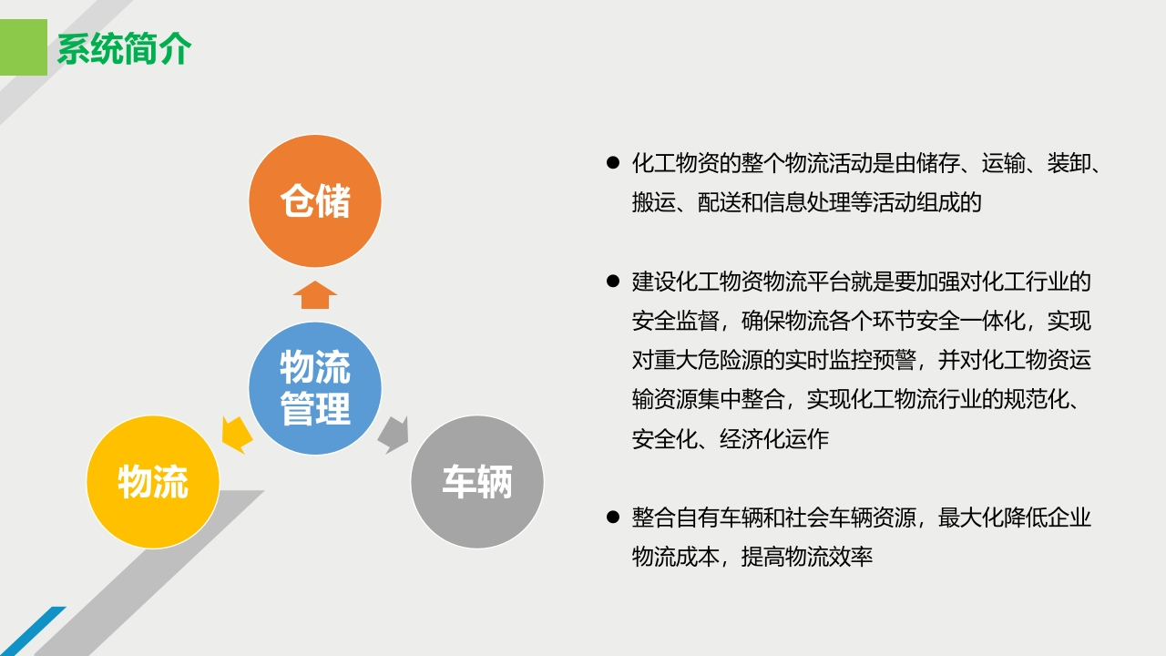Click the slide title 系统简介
[x=124, y=48]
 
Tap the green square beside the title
[x=24, y=47]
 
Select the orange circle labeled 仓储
[x=315, y=201]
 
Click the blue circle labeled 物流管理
[x=315, y=388]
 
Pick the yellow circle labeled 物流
[x=152, y=482]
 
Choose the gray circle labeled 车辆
[x=477, y=482]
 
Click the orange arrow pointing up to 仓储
[x=315, y=294]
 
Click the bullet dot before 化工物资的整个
[x=613, y=163]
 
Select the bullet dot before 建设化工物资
[x=613, y=282]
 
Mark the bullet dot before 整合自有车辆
[x=613, y=517]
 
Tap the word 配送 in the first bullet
[x=719, y=202]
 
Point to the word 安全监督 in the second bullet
[x=676, y=321]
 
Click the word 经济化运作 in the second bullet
[x=774, y=439]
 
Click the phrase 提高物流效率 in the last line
[x=807, y=557]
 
